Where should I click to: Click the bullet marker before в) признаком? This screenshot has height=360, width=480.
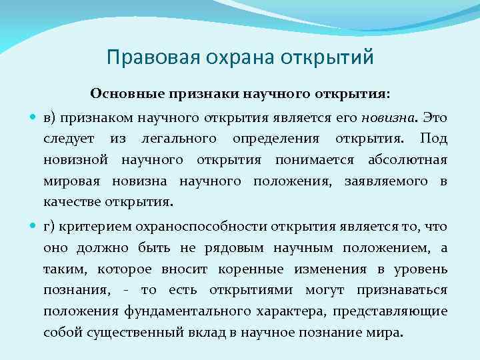pos(34,119)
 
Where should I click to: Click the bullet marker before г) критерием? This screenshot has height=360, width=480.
pos(34,227)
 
